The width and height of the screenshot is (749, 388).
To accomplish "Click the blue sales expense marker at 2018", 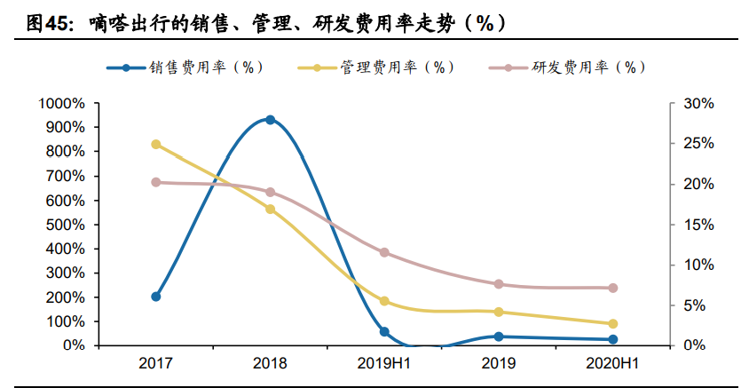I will [x=270, y=120].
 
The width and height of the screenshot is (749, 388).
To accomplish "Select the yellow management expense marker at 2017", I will [x=156, y=144].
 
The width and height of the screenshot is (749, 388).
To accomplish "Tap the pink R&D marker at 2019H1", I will [x=384, y=252].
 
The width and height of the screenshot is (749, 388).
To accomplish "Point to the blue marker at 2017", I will [x=156, y=297].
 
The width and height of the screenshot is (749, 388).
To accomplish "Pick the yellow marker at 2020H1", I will [x=612, y=324].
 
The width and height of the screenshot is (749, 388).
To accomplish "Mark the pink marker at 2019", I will [x=499, y=284].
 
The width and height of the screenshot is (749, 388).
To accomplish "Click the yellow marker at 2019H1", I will [x=384, y=301].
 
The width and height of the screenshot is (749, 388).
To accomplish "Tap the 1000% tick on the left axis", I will [x=61, y=104].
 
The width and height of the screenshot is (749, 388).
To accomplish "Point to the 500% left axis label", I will [x=65, y=225].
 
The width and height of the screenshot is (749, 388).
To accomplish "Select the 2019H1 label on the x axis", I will [x=384, y=364].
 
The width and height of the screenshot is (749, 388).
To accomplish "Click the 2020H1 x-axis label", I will [x=612, y=364].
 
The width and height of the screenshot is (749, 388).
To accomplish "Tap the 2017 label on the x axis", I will [x=156, y=364].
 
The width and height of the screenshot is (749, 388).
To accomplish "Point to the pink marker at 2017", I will [x=156, y=182].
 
